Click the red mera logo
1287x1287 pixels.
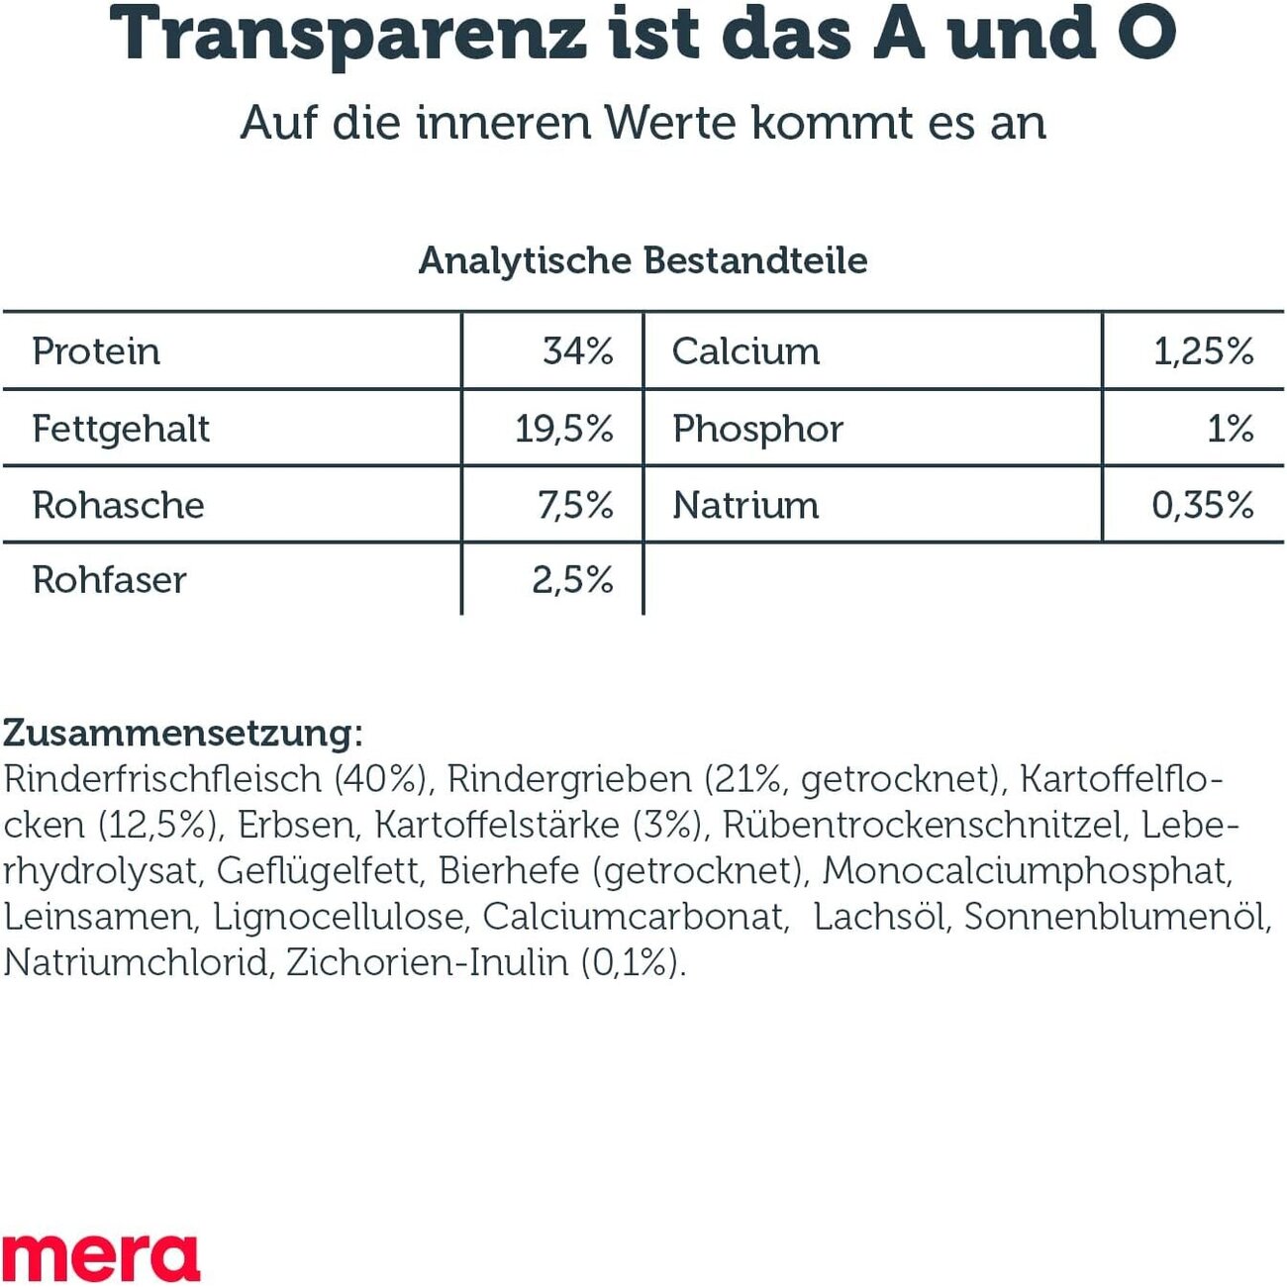click(x=100, y=1257)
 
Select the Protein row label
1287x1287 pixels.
click(x=96, y=351)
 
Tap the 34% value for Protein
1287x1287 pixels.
click(x=578, y=351)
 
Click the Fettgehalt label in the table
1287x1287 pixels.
click(x=121, y=429)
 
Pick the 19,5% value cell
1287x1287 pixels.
click(x=564, y=429)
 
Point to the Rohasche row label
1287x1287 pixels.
click(x=118, y=505)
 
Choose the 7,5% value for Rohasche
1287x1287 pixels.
click(x=575, y=505)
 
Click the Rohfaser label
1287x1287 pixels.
click(x=109, y=580)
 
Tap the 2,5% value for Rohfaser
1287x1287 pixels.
click(x=572, y=580)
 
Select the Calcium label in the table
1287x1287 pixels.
click(x=745, y=351)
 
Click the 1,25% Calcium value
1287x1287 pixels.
click(x=1203, y=351)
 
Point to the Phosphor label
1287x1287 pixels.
click(x=757, y=429)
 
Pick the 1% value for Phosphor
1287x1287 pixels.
click(x=1230, y=429)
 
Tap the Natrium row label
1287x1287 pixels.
click(x=745, y=505)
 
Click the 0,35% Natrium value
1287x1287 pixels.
click(x=1202, y=505)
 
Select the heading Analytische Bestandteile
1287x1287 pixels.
click(x=643, y=260)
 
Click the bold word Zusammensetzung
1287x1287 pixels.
click(x=178, y=734)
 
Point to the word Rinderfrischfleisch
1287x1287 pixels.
click(x=162, y=780)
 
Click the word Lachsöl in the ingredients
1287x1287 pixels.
click(x=880, y=917)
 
